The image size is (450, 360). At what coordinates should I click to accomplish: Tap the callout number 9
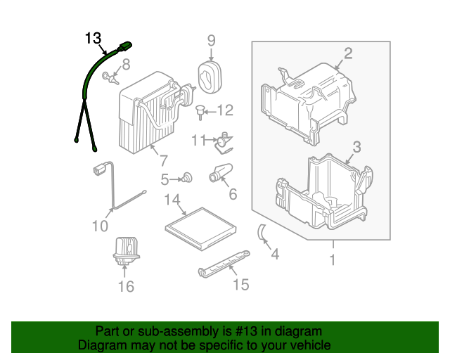(x=211, y=40)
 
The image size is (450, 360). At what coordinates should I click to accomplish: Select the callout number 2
(x=347, y=53)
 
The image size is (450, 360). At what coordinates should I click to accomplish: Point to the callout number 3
(x=356, y=147)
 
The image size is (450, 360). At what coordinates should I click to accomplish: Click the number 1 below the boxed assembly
(x=333, y=260)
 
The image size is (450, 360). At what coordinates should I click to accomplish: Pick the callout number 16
(x=125, y=286)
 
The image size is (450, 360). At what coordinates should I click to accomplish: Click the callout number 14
(x=173, y=200)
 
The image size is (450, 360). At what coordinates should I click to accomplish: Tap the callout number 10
(x=100, y=226)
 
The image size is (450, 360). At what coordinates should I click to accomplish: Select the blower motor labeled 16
(x=124, y=252)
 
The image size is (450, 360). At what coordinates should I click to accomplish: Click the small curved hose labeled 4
(x=259, y=233)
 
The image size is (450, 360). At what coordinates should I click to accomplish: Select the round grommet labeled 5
(x=187, y=178)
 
